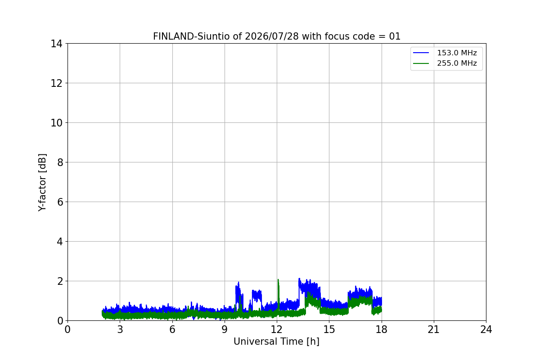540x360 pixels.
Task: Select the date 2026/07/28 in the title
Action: click(272, 36)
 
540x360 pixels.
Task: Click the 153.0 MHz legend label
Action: click(457, 53)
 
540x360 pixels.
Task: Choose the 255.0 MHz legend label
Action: click(457, 63)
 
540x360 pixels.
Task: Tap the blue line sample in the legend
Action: click(421, 53)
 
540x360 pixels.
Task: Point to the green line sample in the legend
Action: click(421, 63)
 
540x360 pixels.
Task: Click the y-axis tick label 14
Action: click(56, 44)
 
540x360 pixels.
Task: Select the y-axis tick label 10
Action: click(56, 123)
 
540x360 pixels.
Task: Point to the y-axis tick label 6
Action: click(60, 202)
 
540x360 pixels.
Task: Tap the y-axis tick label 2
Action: click(60, 281)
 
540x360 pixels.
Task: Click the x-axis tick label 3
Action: click(120, 329)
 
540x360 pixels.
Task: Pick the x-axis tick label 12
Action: click(277, 329)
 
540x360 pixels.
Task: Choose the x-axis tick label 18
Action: click(382, 329)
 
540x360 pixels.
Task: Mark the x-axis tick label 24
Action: click(486, 329)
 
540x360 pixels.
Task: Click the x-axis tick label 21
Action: click(434, 329)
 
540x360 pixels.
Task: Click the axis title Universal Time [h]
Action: click(276, 342)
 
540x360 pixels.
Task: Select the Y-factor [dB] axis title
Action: click(42, 183)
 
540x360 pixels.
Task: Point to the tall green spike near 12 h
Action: click(278, 280)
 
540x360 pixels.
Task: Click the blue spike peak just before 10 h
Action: click(238, 282)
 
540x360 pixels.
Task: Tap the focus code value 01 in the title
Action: click(395, 36)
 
